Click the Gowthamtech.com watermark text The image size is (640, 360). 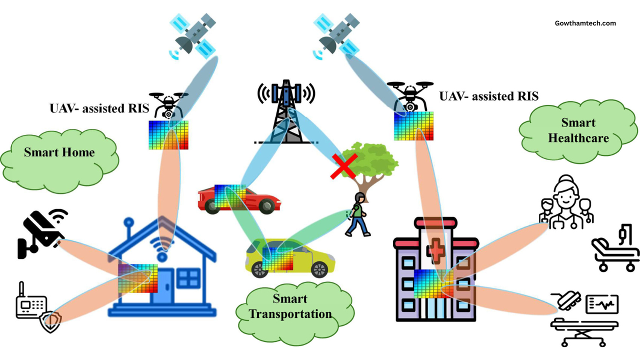click(585, 23)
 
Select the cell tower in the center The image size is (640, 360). click(286, 112)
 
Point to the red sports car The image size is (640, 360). click(237, 199)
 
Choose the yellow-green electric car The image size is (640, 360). click(289, 257)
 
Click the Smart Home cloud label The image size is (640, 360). click(59, 152)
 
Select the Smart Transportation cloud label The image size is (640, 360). click(290, 306)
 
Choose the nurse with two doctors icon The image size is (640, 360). click(566, 202)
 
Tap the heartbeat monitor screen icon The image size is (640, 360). click(602, 304)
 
